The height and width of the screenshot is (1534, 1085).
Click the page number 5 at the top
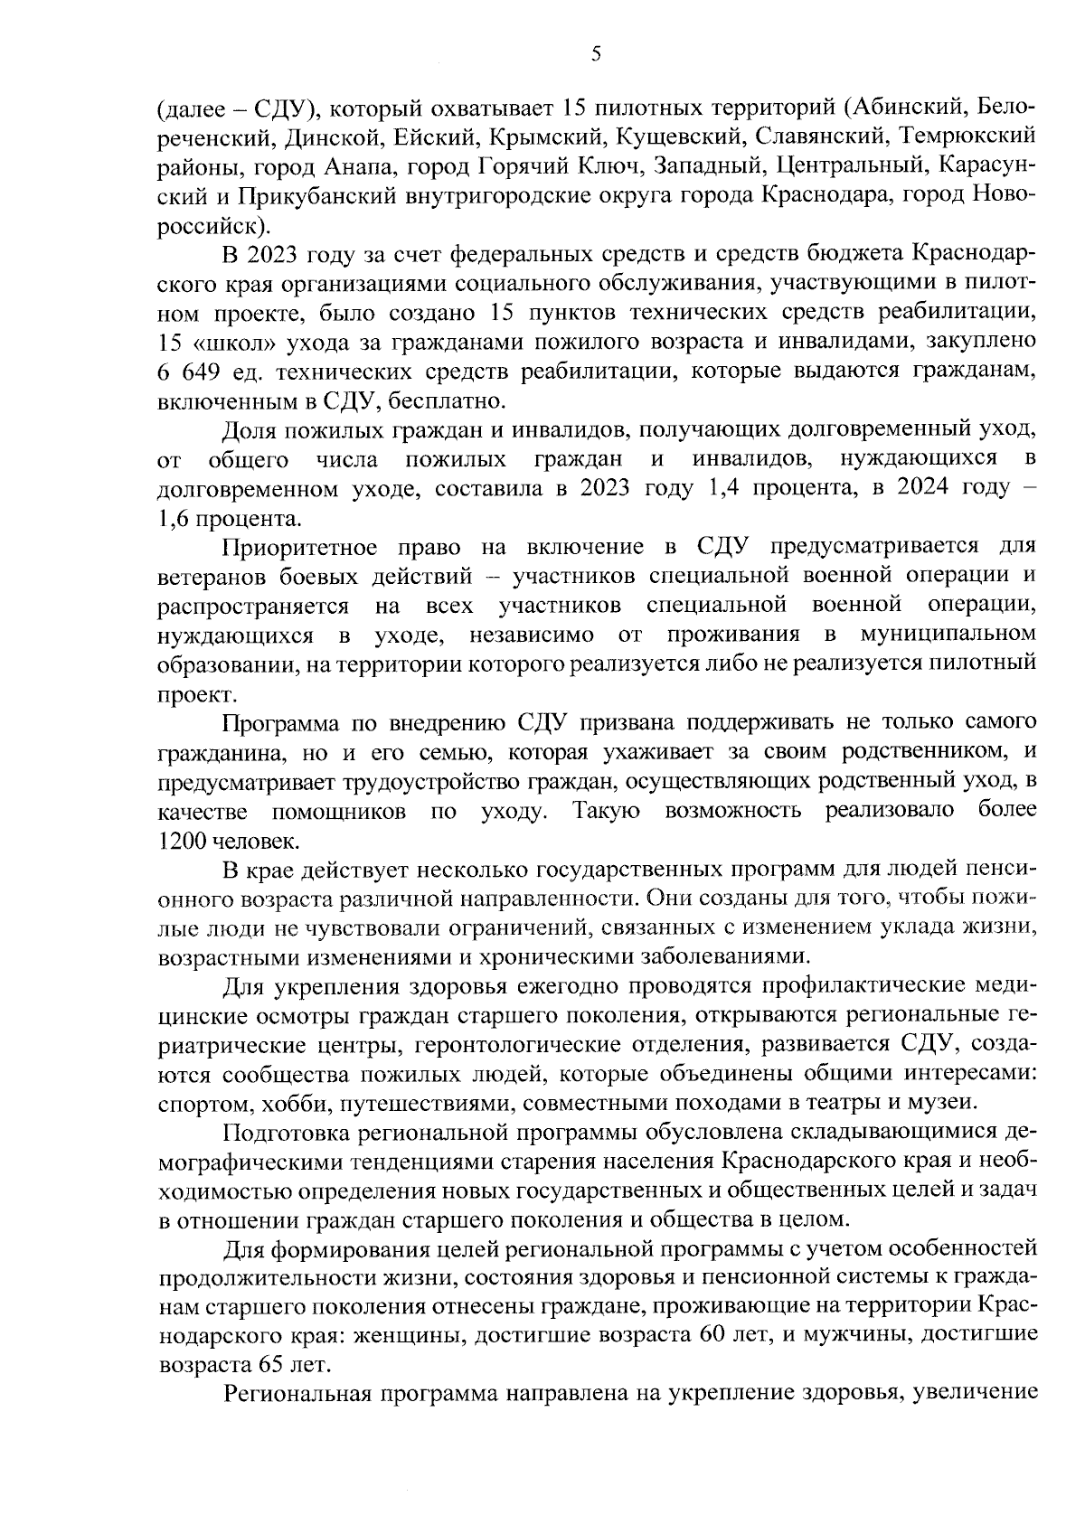coord(596,54)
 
